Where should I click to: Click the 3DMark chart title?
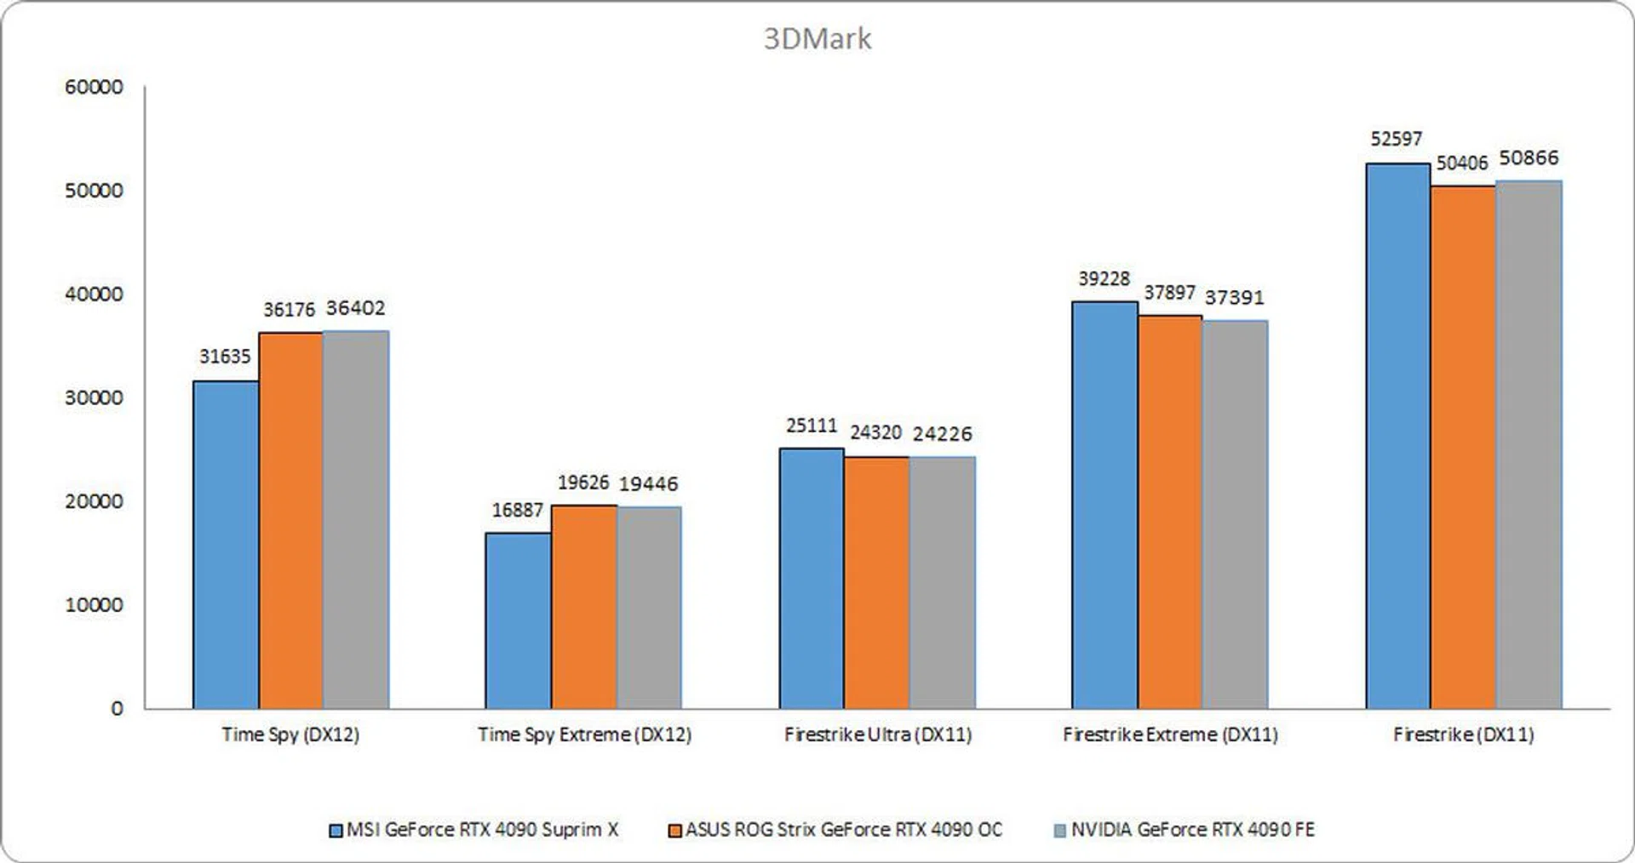[x=817, y=39]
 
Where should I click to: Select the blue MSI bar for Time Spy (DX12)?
[x=226, y=545]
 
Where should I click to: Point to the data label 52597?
[x=1396, y=139]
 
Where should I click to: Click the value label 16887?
[x=517, y=510]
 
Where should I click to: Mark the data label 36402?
[x=355, y=308]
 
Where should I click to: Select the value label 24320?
[x=875, y=432]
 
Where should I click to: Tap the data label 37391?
[x=1234, y=297]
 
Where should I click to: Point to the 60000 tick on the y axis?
[x=94, y=87]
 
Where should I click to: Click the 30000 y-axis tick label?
[x=94, y=397]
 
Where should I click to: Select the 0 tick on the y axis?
[x=117, y=708]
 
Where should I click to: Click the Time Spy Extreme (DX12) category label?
[x=584, y=734]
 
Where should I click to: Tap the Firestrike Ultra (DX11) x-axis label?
[x=878, y=734]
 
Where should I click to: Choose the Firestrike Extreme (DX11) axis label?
[x=1170, y=734]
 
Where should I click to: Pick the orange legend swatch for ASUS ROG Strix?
[x=675, y=830]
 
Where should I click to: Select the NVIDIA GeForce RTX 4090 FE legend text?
[x=1192, y=830]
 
